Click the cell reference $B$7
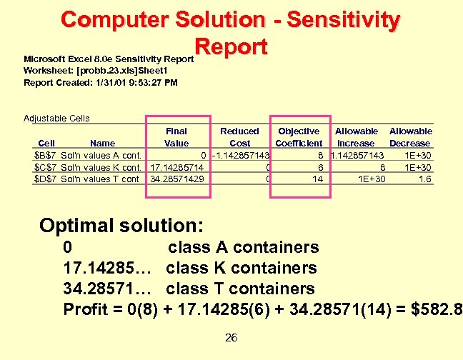46,155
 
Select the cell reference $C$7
46,167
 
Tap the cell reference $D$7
46,179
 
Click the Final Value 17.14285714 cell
177,167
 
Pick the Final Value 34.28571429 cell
177,179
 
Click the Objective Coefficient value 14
317,179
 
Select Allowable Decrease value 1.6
424,179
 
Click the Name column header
103,143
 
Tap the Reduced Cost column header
239,137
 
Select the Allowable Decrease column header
410,137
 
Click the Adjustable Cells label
56,118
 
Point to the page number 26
231,338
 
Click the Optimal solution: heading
121,226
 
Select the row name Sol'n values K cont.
101,167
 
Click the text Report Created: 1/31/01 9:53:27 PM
101,82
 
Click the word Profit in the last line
85,309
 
